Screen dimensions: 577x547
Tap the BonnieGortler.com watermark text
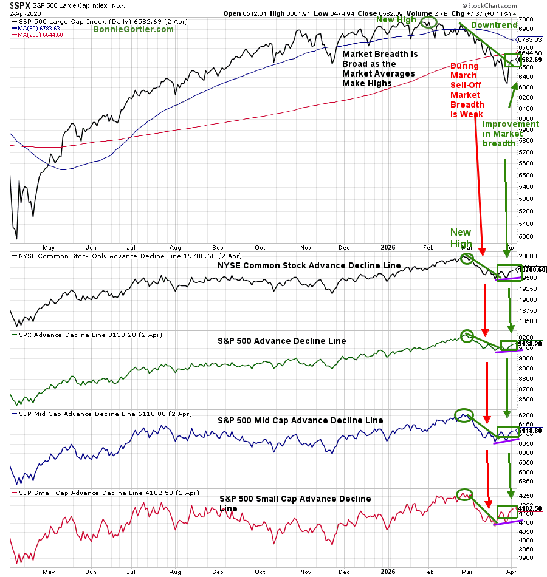(134, 29)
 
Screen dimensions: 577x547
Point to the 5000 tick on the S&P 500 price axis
(525, 236)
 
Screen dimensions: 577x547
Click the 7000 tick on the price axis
(525, 19)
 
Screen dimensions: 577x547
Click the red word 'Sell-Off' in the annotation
(464, 84)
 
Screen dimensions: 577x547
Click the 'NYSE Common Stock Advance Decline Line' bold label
(309, 265)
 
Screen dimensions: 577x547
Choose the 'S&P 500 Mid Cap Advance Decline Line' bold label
(300, 420)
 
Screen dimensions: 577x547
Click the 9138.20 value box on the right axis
(529, 344)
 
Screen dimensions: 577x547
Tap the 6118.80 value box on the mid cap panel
(529, 430)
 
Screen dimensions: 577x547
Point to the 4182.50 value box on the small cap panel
(529, 508)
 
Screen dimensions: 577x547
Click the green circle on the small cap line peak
(464, 494)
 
